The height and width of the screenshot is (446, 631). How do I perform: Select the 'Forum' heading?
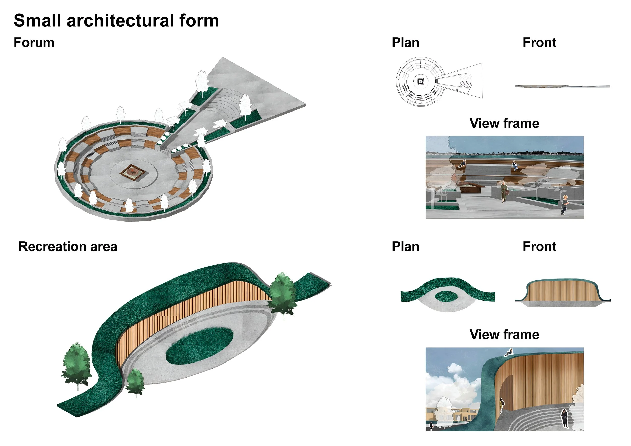point(34,43)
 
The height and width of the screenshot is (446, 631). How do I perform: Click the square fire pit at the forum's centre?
point(133,173)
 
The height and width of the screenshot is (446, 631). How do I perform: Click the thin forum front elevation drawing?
point(562,86)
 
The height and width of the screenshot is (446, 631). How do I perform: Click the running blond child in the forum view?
point(564,204)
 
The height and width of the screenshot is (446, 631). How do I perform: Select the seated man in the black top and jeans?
point(515,165)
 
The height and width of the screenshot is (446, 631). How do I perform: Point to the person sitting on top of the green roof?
point(509,353)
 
